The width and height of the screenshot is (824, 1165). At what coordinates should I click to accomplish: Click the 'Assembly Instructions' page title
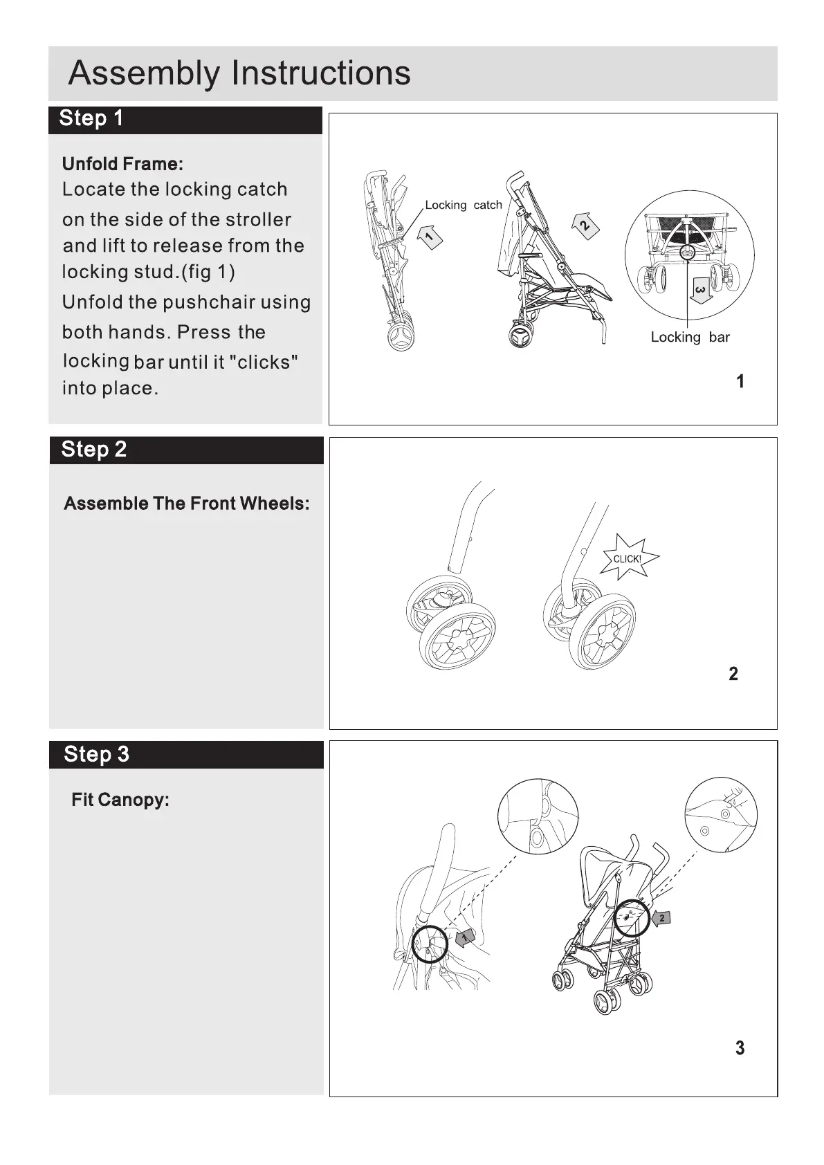click(239, 73)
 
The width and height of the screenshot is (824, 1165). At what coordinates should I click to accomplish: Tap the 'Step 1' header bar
click(185, 119)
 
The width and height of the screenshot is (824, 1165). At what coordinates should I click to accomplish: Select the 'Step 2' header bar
click(185, 450)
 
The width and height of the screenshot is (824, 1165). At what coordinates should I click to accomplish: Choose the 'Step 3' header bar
click(185, 754)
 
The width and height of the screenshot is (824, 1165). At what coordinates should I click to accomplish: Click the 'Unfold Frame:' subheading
click(122, 164)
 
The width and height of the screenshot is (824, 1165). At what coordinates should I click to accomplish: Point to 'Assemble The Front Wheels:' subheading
click(186, 504)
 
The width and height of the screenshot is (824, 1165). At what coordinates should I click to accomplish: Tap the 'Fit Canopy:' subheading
click(120, 800)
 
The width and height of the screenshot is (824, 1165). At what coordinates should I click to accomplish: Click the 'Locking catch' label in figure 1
click(463, 205)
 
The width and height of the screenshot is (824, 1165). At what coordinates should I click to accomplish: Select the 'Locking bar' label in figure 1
click(690, 338)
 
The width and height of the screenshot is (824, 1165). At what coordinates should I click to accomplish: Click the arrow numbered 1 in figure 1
click(430, 236)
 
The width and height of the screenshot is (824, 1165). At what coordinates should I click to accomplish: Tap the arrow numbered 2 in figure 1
click(585, 223)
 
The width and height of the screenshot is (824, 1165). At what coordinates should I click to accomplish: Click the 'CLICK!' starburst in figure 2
click(628, 558)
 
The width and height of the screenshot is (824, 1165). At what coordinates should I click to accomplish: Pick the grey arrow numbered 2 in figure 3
click(661, 918)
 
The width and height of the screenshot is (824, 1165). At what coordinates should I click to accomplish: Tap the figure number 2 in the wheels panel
click(733, 674)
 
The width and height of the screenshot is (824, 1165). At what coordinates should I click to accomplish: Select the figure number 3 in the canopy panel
click(740, 1048)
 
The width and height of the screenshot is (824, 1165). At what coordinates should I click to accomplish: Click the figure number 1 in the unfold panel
click(740, 381)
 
